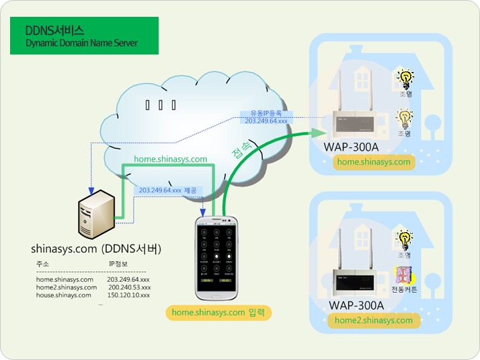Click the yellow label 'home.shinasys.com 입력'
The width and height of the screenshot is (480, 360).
218,313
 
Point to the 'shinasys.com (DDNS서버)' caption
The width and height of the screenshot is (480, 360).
96,249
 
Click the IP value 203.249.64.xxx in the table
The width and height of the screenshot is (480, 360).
128,279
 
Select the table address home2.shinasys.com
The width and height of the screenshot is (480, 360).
66,287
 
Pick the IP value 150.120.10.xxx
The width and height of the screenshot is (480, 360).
128,295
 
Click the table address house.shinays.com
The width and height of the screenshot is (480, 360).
65,295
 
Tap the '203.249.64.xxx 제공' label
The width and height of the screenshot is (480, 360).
167,190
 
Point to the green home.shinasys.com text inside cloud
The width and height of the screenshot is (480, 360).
171,159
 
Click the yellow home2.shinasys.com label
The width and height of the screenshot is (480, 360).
374,320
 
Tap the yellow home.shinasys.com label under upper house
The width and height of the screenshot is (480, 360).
374,162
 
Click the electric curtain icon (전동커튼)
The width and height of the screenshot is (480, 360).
403,275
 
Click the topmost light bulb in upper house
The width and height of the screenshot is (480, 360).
405,79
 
